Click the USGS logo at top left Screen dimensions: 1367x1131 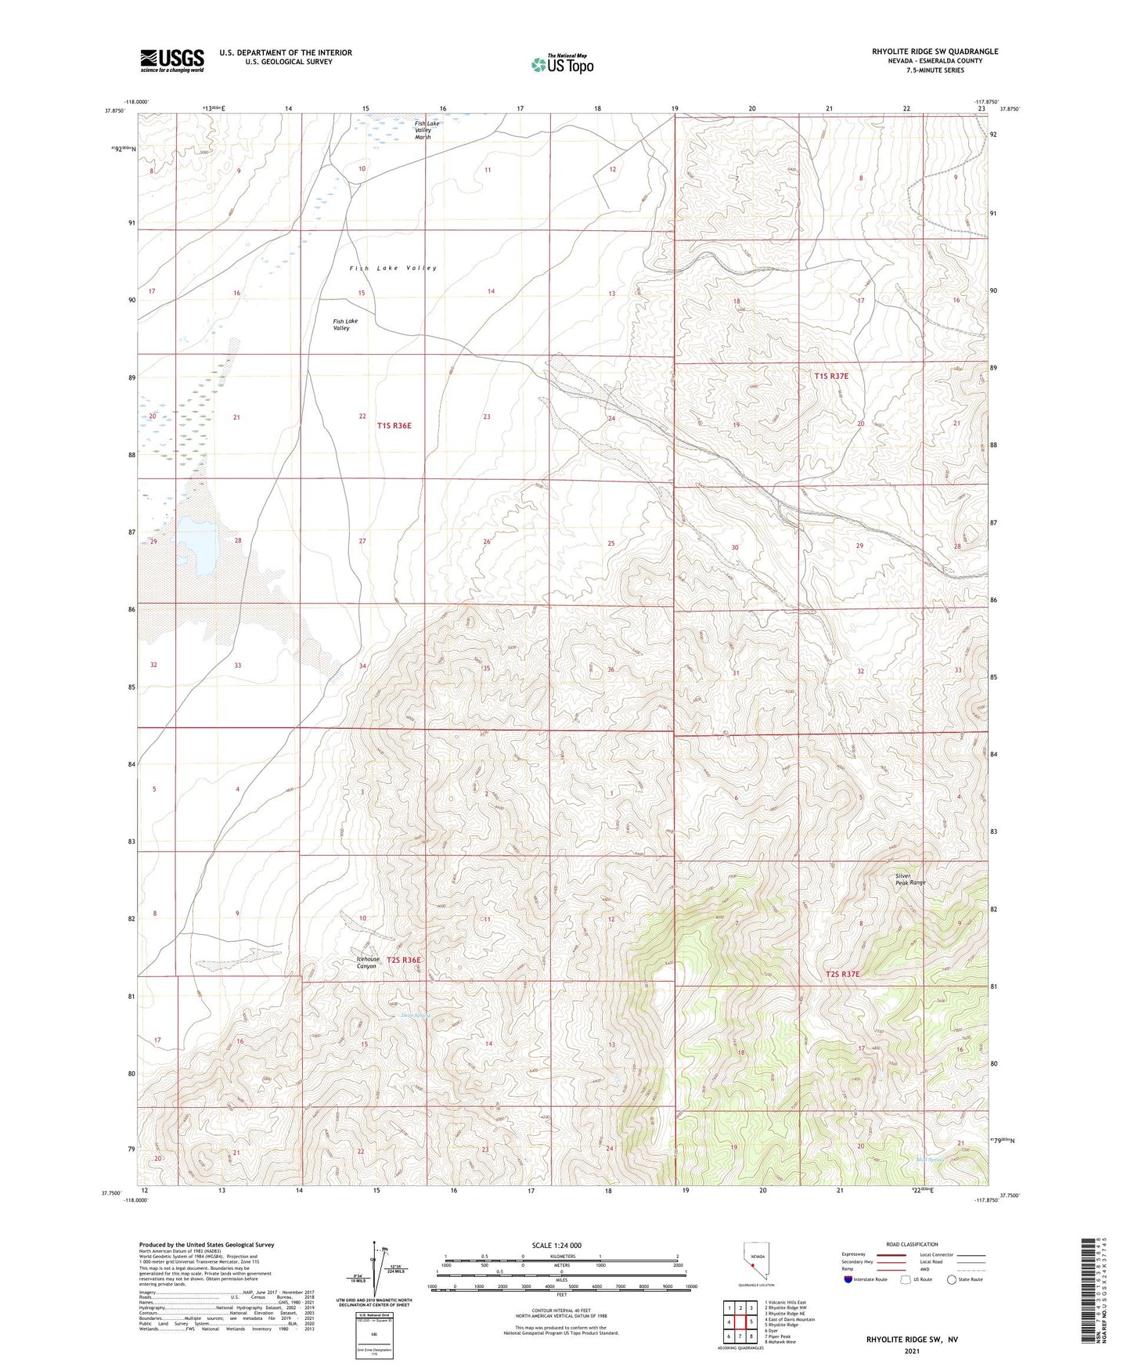171,60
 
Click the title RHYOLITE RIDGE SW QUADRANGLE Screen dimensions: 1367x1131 935,52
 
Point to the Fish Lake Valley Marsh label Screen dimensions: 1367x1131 427,130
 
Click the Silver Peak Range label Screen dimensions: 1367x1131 910,879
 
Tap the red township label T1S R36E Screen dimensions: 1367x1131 394,426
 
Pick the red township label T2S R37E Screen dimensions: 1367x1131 842,974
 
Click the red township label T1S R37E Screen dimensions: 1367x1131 831,376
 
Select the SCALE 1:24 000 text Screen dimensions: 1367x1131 556,1245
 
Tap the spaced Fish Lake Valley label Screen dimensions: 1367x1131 393,268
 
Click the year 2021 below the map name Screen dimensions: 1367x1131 911,1351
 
